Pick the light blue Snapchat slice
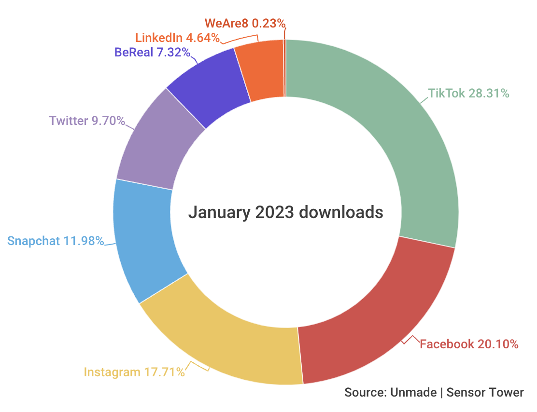145,241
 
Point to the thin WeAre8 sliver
285,68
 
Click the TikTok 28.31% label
468,93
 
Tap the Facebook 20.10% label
469,344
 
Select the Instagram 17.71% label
134,372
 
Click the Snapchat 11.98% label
56,240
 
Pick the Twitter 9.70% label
87,120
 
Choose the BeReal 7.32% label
152,52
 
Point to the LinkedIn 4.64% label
177,38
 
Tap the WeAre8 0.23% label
245,23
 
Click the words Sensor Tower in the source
485,392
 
